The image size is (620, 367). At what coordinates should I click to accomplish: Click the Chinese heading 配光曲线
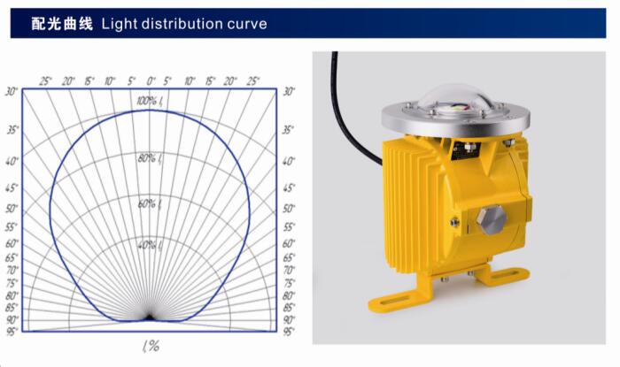(x=62, y=24)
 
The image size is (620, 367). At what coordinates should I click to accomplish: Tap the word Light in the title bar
(x=119, y=24)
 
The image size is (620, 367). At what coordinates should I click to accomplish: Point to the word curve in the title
(x=247, y=25)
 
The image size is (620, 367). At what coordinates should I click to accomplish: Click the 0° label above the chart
(x=151, y=81)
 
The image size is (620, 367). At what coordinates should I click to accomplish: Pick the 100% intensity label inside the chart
(x=149, y=101)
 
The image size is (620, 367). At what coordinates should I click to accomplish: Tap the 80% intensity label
(x=150, y=158)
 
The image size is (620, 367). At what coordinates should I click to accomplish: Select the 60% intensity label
(x=150, y=204)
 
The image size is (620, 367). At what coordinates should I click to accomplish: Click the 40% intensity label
(x=150, y=246)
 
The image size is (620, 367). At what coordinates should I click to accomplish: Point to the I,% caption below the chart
(x=151, y=346)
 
